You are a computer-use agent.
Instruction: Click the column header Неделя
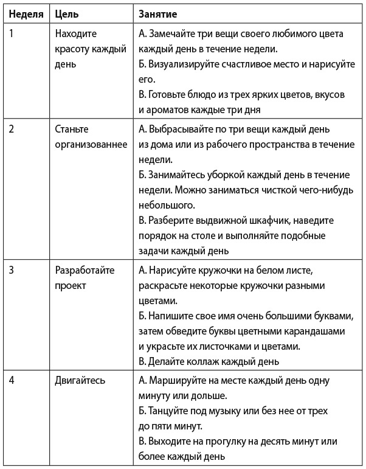[x=25, y=13]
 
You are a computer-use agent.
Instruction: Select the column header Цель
[x=66, y=13]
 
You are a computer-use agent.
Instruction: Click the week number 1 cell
[x=12, y=34]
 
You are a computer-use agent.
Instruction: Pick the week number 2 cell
[x=12, y=130]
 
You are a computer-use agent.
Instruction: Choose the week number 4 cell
[x=12, y=380]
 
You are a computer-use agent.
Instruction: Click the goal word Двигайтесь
[x=80, y=380]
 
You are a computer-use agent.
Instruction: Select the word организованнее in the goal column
[x=91, y=145]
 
